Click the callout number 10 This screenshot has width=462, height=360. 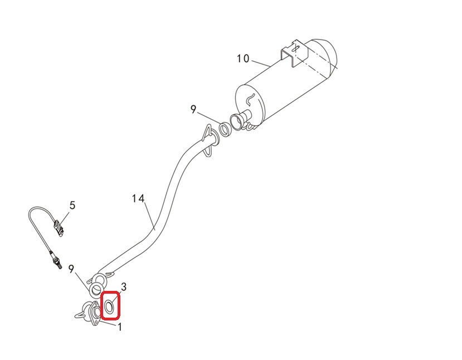click(243, 59)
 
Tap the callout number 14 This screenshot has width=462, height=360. click(138, 198)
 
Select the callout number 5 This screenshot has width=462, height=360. click(72, 205)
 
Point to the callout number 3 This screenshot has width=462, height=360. click(124, 286)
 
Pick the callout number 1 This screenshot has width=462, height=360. click(120, 327)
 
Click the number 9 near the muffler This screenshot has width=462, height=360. click(193, 109)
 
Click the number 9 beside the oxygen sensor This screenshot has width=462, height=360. click(71, 269)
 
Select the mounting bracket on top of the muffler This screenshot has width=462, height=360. click(294, 54)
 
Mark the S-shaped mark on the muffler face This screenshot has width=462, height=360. click(250, 99)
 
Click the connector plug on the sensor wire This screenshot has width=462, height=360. click(59, 227)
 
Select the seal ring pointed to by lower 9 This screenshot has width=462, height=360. click(96, 290)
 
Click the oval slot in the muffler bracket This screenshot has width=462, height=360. click(295, 47)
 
